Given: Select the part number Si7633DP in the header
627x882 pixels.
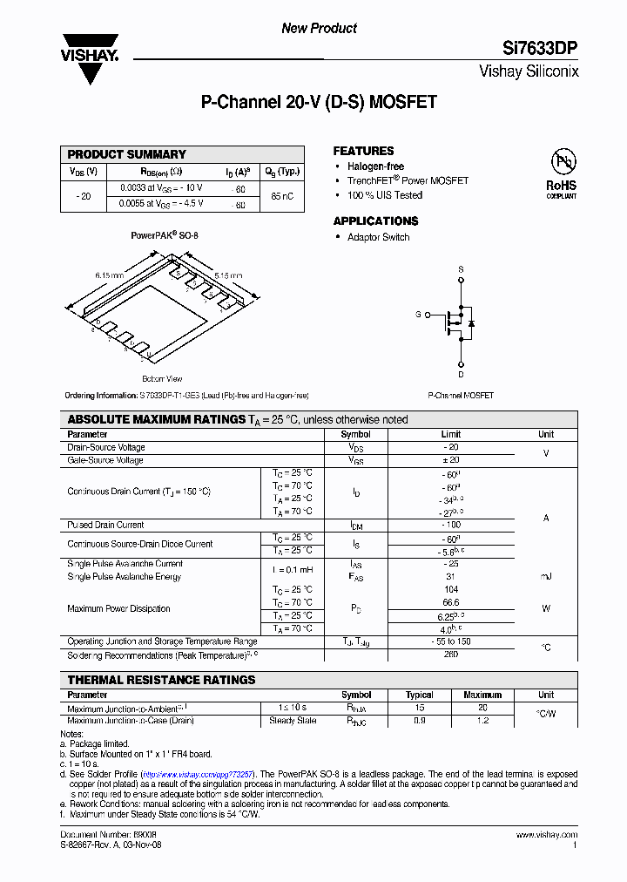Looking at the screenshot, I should (542, 49).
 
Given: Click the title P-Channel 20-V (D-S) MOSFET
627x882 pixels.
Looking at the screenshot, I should (319, 103).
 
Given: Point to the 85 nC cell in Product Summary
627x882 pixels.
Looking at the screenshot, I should (282, 196).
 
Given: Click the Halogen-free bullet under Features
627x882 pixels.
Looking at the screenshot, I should (375, 166).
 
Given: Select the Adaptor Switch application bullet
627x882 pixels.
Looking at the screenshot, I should (378, 237).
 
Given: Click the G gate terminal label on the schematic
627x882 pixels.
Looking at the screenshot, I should (418, 314).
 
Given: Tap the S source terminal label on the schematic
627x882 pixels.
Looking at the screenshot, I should (461, 269).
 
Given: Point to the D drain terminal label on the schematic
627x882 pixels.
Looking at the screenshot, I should (461, 375).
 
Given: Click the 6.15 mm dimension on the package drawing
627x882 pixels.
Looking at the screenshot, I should (110, 275).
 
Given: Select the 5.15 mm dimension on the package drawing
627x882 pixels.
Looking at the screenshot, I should (228, 275).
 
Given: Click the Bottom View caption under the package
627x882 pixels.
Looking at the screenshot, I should (162, 379).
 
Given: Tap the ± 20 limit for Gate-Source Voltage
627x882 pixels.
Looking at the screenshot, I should (450, 460).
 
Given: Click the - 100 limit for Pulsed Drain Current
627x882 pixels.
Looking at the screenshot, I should (450, 526).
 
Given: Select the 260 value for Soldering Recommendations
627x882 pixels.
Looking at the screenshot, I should (450, 655).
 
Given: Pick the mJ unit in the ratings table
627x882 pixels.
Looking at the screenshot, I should (546, 577).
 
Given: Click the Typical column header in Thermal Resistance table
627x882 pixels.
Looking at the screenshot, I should (419, 695).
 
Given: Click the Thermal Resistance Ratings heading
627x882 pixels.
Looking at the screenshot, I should (162, 680).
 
